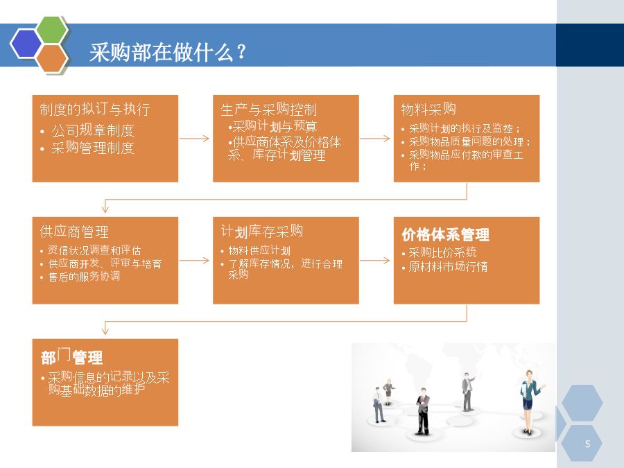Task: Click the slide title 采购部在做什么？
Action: coord(168,52)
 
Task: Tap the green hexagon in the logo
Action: coord(52,30)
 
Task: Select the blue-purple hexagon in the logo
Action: coord(26,44)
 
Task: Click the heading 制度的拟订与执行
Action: coord(95,109)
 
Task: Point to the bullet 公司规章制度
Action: coord(92,130)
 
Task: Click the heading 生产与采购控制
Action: coord(268,109)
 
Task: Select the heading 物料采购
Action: coord(428,109)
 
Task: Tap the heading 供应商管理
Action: coord(74,232)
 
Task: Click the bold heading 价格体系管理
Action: coord(445,234)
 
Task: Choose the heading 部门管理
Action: coord(71,356)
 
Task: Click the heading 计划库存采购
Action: coord(262,231)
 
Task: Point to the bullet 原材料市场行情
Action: coord(448,266)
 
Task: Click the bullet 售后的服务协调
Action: coord(84,276)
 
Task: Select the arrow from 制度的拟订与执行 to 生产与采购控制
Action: coord(194,139)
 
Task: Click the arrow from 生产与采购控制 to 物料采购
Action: coord(375,139)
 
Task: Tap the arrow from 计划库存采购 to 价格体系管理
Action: coord(375,261)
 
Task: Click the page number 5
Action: coord(587,444)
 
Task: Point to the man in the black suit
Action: coord(423,410)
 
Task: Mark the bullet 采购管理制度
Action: coord(92,148)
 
